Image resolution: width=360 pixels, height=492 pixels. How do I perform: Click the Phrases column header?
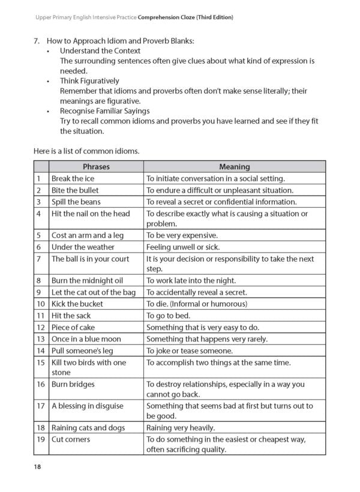pos(96,167)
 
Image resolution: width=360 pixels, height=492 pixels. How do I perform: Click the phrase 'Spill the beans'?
pos(76,202)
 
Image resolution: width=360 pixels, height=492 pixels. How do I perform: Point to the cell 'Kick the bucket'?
pos(77,304)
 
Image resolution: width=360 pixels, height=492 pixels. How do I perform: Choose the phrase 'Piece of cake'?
pos(73,327)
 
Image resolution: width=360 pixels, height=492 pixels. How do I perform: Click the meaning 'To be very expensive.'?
pos(182,235)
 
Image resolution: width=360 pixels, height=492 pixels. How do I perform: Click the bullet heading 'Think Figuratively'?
pos(89,80)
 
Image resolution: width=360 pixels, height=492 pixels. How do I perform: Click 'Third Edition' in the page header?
pos(211,17)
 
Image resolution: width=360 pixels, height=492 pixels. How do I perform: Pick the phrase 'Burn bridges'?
pos(73,383)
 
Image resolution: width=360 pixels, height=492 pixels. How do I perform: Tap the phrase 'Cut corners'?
pos(71,440)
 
